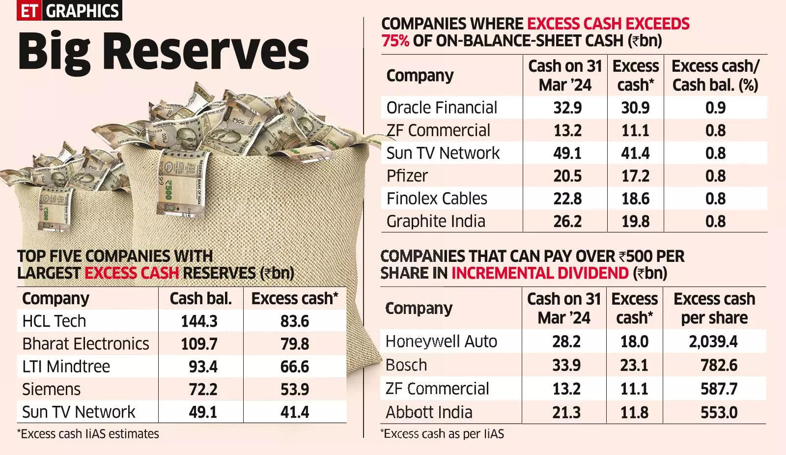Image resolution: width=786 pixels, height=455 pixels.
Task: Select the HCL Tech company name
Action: point(54,321)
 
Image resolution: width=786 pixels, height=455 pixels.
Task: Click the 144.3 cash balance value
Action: point(199,321)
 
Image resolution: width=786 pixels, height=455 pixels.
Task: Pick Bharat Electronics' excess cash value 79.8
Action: point(295,344)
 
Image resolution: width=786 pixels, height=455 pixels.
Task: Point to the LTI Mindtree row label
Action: point(66,367)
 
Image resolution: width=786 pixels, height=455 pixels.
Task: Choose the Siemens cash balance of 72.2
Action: point(203,389)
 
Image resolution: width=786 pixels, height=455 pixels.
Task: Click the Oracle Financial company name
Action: point(442,108)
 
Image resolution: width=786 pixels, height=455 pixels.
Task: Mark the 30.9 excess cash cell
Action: point(635,108)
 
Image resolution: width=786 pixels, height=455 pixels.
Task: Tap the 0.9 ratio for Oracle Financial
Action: point(715,108)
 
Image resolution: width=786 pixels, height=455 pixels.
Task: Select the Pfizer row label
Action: point(407,176)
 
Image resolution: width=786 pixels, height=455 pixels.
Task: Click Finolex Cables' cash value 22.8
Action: point(567,199)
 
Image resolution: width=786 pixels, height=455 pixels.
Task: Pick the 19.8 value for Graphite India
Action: point(635,221)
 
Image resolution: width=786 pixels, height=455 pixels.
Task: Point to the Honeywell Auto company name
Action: point(441,341)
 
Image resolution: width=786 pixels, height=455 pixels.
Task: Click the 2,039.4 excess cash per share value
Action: point(713,341)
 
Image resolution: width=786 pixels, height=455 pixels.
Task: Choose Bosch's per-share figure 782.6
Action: point(719,365)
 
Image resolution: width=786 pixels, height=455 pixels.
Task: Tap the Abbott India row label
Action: point(429,412)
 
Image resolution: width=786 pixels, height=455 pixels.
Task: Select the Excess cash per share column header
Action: point(714,308)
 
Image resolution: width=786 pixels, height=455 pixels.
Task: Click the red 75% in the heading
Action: point(395,40)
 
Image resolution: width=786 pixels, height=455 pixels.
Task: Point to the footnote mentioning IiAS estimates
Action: point(88,434)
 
